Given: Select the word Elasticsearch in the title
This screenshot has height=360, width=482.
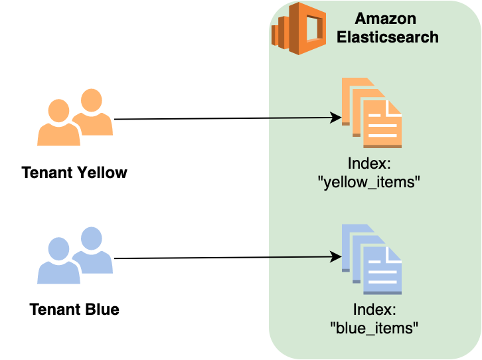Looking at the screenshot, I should click(x=388, y=37).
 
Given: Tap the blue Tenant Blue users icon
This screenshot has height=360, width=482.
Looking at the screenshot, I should click(x=74, y=256).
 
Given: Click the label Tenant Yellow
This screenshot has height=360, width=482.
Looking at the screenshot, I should click(x=74, y=173).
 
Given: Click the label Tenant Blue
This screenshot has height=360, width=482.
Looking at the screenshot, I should click(x=74, y=310).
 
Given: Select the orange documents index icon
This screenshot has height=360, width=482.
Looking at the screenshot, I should click(x=372, y=112).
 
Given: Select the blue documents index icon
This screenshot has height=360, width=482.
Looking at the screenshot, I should click(x=372, y=259).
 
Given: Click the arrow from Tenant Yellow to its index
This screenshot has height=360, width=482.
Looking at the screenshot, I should click(x=219, y=119).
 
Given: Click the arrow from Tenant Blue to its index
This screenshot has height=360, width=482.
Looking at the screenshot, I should click(x=219, y=258).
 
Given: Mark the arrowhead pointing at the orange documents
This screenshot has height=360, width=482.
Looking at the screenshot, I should click(x=336, y=118).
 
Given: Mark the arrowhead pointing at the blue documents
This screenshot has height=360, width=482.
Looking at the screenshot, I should click(x=336, y=256).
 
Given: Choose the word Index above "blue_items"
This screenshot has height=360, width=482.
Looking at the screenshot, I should click(x=374, y=309).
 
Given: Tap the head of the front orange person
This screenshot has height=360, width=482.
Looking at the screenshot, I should click(x=59, y=111).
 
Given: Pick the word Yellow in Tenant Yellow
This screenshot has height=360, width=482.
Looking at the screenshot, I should click(x=102, y=173).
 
